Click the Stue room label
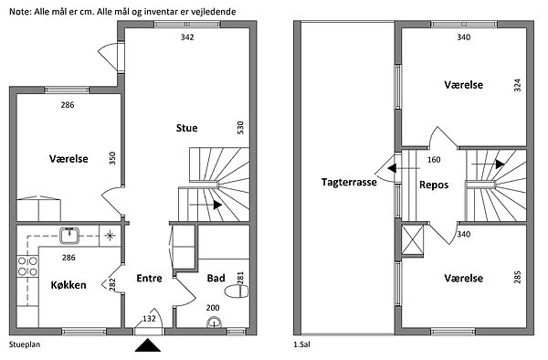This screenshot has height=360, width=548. click(x=186, y=128)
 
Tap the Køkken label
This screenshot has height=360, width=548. click(x=68, y=285)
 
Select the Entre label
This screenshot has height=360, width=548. click(x=149, y=278)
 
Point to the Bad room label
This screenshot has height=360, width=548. click(x=216, y=278)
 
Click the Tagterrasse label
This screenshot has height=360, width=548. click(x=349, y=182)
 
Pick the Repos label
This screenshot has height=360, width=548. click(x=434, y=185)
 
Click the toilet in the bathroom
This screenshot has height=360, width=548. click(x=237, y=291)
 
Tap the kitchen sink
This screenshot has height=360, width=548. click(x=69, y=235)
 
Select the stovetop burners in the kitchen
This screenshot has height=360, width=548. click(x=27, y=266)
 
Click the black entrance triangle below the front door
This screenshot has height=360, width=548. click(x=148, y=345)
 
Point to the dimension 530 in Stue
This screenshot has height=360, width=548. click(x=240, y=128)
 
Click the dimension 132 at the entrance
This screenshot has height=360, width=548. click(x=149, y=318)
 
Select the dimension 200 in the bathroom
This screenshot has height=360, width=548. click(x=213, y=308)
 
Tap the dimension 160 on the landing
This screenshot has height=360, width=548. click(x=434, y=160)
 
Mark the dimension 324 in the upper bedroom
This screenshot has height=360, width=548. click(x=518, y=85)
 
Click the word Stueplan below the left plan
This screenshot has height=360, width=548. click(x=25, y=344)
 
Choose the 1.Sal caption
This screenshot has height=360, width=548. click(x=302, y=344)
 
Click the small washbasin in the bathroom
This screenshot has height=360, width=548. click(x=214, y=323)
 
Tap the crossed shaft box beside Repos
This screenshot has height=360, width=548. click(x=413, y=240)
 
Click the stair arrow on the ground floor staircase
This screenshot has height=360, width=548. click(x=205, y=205)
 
